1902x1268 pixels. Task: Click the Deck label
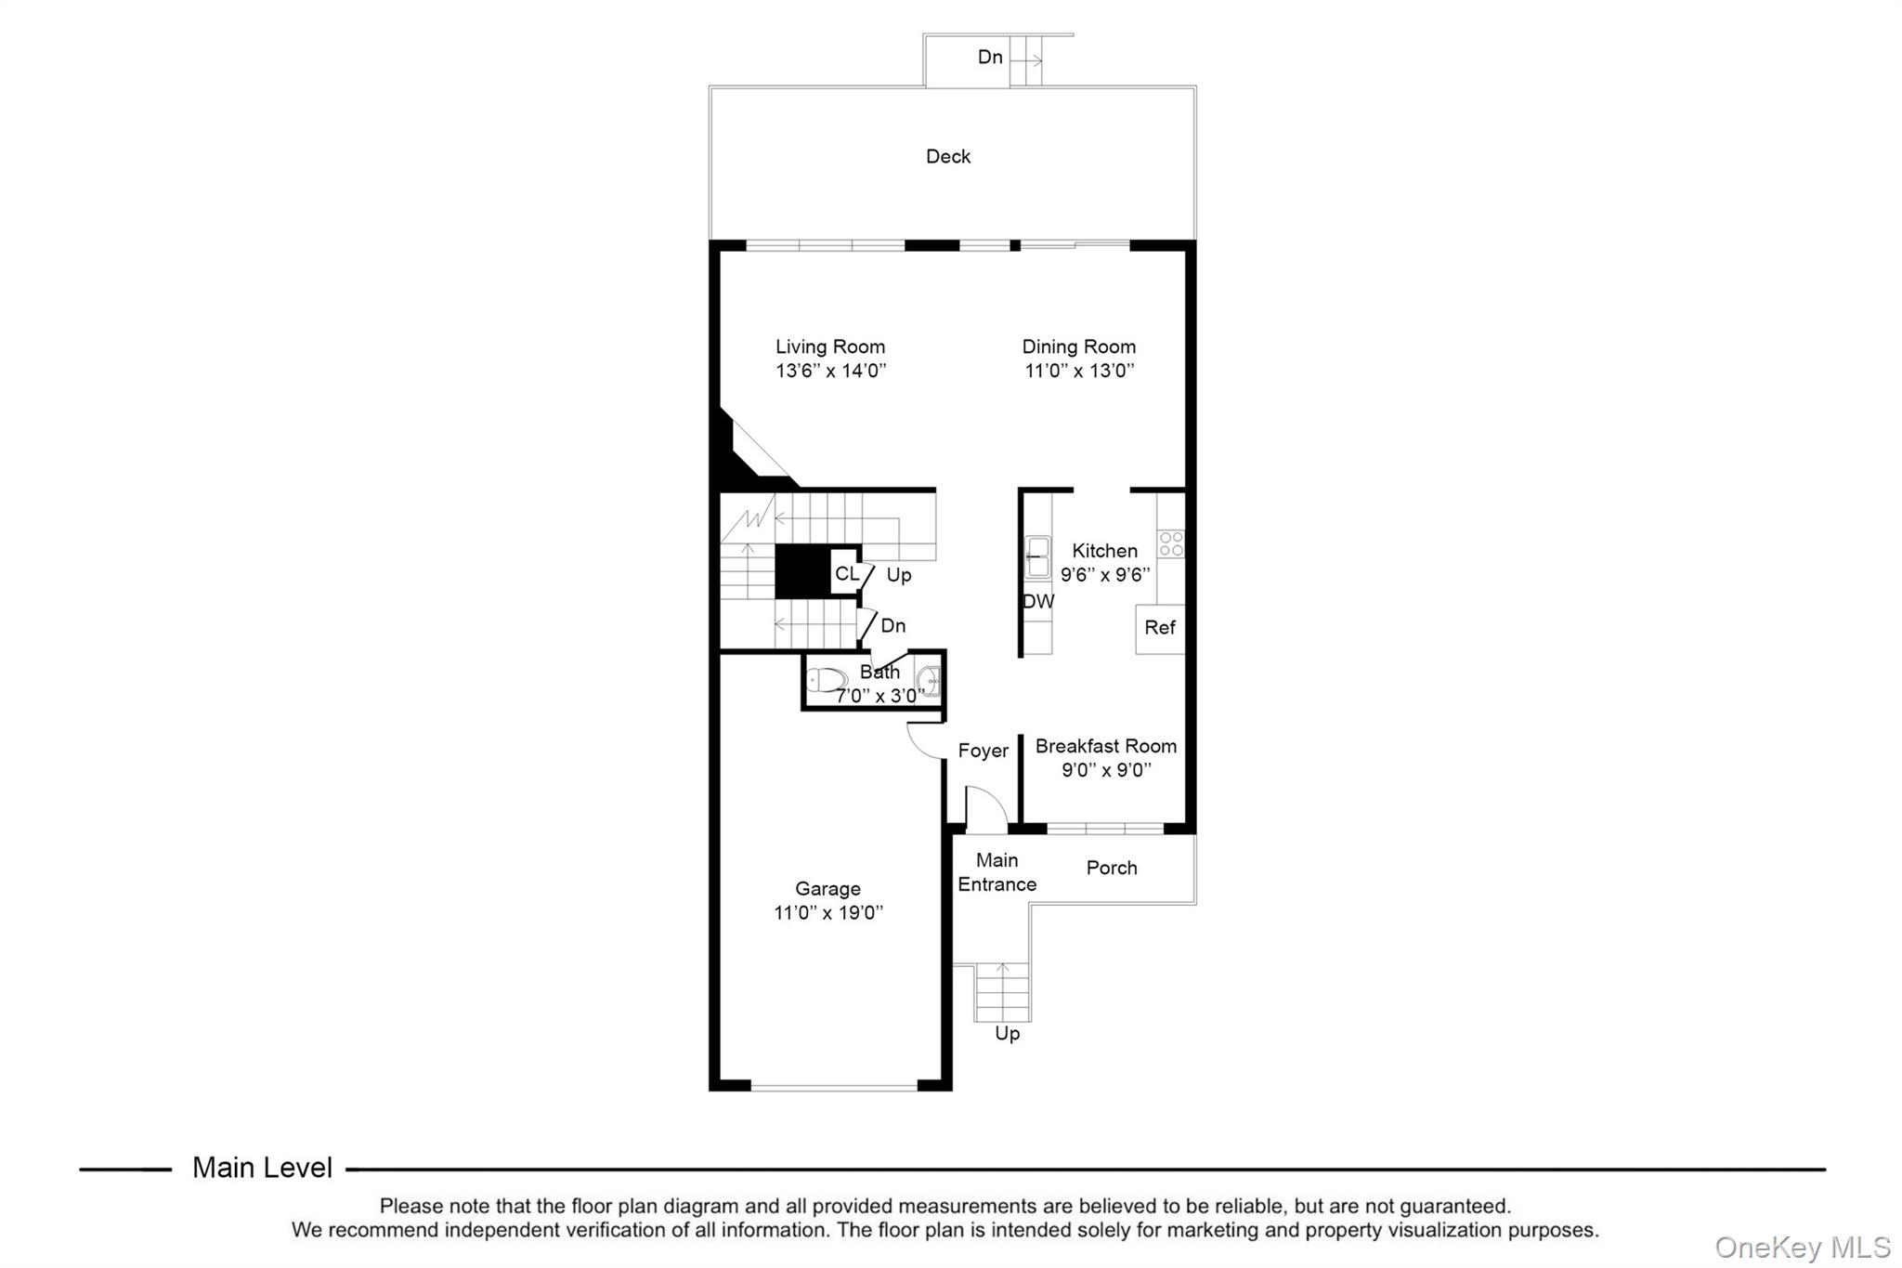947,156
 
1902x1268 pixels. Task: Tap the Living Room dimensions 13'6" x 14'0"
830,371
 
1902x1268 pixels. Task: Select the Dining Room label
1078,346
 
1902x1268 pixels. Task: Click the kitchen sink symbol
1037,556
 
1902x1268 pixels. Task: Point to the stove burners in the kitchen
1171,543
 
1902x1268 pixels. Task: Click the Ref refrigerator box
1160,628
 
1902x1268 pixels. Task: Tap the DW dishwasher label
1038,601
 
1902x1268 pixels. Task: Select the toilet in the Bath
826,680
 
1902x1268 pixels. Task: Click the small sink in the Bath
928,682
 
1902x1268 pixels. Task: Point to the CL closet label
846,573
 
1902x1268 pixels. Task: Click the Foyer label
983,751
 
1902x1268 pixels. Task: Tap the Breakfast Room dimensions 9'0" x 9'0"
1105,770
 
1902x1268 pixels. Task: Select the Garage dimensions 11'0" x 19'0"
827,913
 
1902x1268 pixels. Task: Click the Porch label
1111,868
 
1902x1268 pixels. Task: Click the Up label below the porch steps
1007,1034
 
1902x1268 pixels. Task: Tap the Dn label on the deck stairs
990,58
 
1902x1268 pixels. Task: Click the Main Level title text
262,1168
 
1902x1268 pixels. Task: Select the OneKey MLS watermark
1802,1247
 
